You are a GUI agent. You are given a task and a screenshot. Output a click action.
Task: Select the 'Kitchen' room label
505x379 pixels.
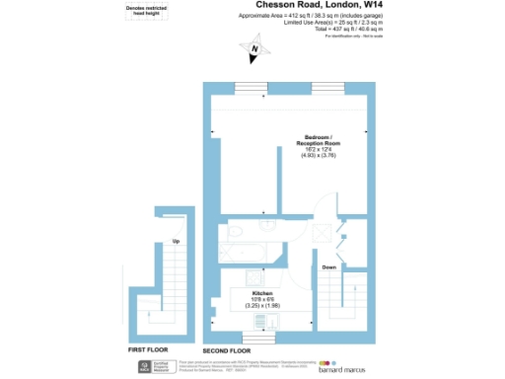pos(261,293)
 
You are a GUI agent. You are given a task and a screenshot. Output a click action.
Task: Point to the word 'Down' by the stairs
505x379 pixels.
pos(329,267)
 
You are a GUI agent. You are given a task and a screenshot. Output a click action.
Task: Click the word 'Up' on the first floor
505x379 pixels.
pos(176,241)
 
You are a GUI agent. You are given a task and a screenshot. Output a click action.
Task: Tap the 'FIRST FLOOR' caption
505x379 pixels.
pos(150,349)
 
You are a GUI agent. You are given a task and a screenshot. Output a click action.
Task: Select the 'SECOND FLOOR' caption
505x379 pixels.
pos(229,349)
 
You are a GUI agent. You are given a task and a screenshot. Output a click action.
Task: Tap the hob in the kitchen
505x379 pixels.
pos(253,278)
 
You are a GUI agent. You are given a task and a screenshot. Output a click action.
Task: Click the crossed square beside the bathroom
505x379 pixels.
pos(324,234)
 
